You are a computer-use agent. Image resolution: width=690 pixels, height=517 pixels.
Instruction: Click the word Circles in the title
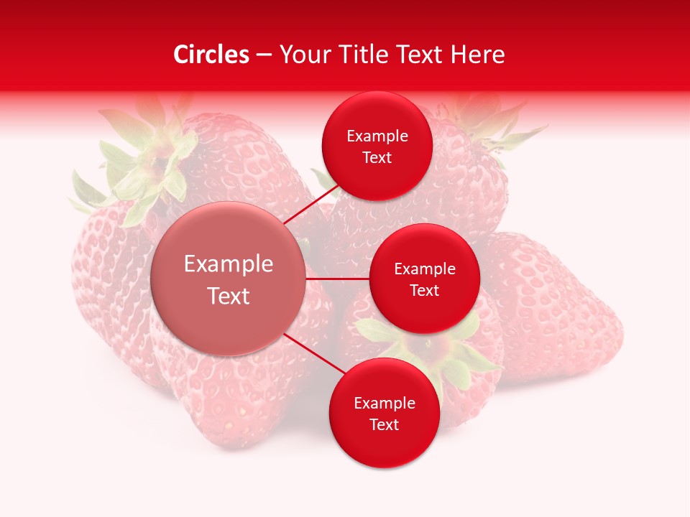pyautogui.click(x=211, y=55)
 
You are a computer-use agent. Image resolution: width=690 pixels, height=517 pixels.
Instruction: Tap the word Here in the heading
pyautogui.click(x=478, y=55)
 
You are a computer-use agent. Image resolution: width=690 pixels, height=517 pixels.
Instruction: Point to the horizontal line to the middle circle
pyautogui.click(x=338, y=279)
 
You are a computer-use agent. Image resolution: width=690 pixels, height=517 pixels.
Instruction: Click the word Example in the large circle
pyautogui.click(x=229, y=264)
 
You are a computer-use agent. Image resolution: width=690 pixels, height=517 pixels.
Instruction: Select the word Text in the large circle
pyautogui.click(x=229, y=296)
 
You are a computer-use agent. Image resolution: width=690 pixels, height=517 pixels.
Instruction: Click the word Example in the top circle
pyautogui.click(x=377, y=136)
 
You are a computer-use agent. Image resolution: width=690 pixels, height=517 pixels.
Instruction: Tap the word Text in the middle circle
pyautogui.click(x=424, y=291)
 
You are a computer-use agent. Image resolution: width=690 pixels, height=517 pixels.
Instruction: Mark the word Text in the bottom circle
pyautogui.click(x=384, y=424)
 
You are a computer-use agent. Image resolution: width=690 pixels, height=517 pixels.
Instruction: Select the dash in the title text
pyautogui.click(x=264, y=55)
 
